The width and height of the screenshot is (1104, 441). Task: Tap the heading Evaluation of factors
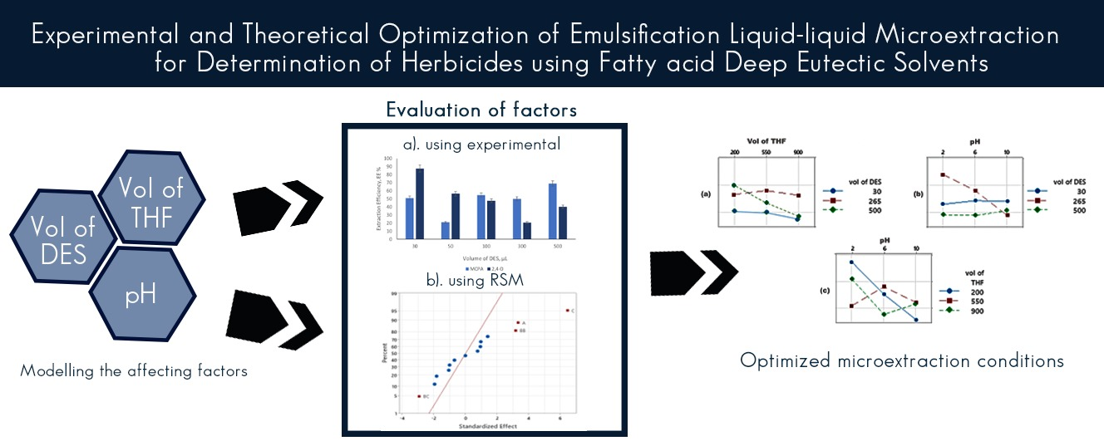point(481,110)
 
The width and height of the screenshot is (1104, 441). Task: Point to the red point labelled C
point(567,311)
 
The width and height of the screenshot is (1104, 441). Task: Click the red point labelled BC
point(418,397)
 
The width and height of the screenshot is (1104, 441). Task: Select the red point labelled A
point(518,322)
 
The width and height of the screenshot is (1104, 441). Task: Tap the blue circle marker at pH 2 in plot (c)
point(851,262)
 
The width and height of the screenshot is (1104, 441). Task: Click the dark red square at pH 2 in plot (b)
point(944,175)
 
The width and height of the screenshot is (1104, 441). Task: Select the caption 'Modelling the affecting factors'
point(134,370)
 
